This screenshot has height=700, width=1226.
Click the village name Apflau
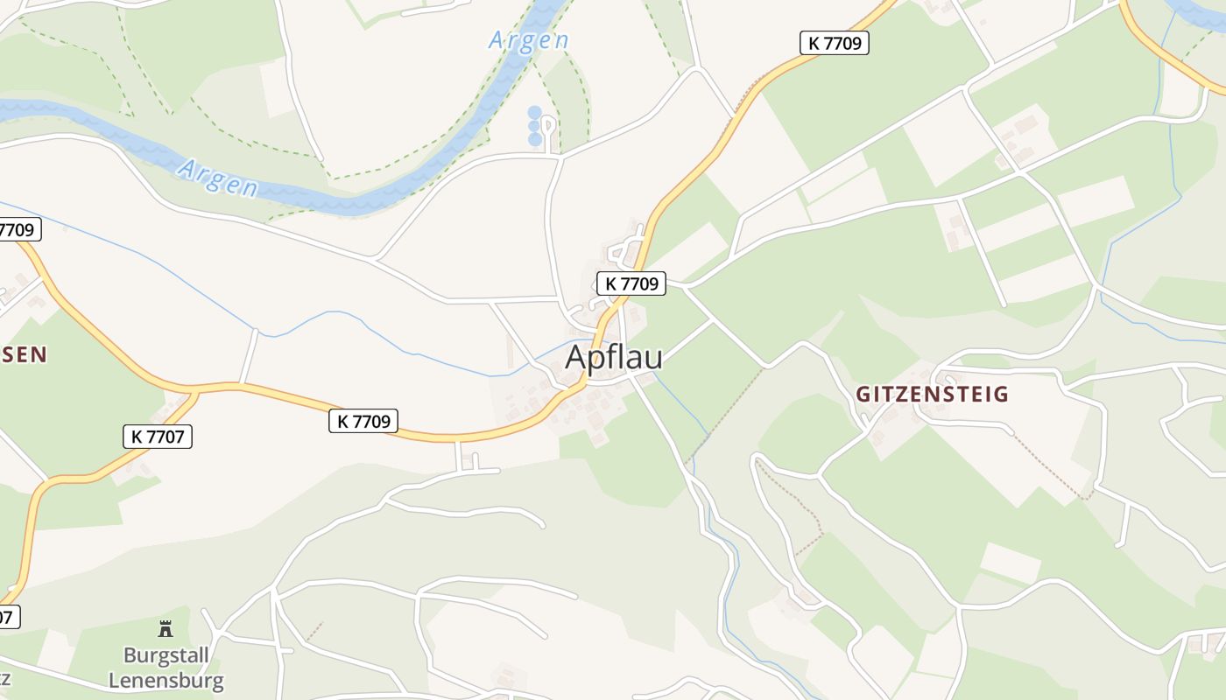coord(614,358)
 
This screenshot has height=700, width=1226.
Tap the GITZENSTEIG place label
coord(932,395)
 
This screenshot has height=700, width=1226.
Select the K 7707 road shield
coord(158,437)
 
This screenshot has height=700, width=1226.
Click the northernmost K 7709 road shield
coord(834,43)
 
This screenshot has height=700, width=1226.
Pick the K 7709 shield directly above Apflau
coord(631,283)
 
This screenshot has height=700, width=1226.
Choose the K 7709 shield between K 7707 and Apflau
coord(363,422)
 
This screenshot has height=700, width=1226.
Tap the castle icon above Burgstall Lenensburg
coord(165,628)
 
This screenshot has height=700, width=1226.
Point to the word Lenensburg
coord(173,680)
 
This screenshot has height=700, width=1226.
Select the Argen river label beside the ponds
coord(528,40)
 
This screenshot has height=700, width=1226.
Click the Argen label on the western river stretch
coord(217,178)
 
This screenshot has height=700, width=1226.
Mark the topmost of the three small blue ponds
coord(534,113)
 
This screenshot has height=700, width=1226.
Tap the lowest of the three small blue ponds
coord(534,140)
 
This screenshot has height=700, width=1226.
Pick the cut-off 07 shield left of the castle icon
coord(7,616)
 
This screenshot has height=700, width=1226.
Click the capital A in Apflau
coord(576,358)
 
